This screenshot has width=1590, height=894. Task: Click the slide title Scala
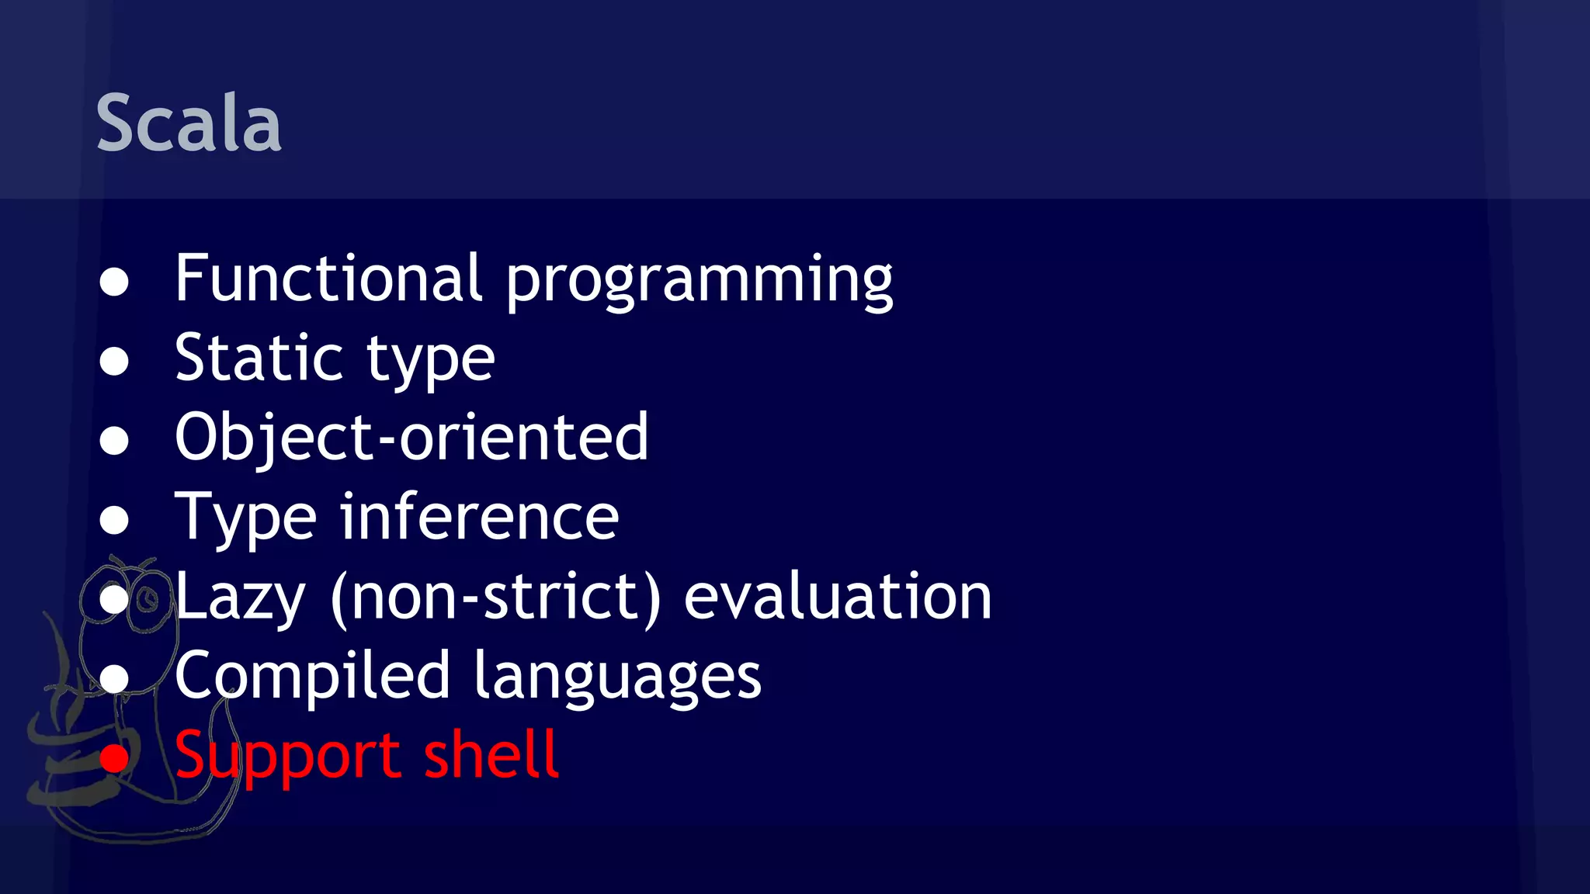click(189, 123)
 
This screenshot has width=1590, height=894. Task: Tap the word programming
click(699, 281)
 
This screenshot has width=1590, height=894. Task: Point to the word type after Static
click(430, 362)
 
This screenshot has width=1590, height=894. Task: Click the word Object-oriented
click(411, 437)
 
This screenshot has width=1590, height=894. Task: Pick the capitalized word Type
click(245, 518)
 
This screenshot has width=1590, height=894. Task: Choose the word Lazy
click(240, 598)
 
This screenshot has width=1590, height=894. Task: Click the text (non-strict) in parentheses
click(495, 598)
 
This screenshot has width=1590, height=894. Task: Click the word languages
click(617, 678)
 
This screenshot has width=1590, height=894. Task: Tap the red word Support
click(287, 757)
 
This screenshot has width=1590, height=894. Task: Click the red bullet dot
click(114, 758)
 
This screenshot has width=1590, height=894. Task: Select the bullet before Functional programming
click(114, 282)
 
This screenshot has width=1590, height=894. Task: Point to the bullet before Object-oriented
click(114, 441)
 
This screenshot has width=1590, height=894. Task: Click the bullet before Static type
click(114, 361)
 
